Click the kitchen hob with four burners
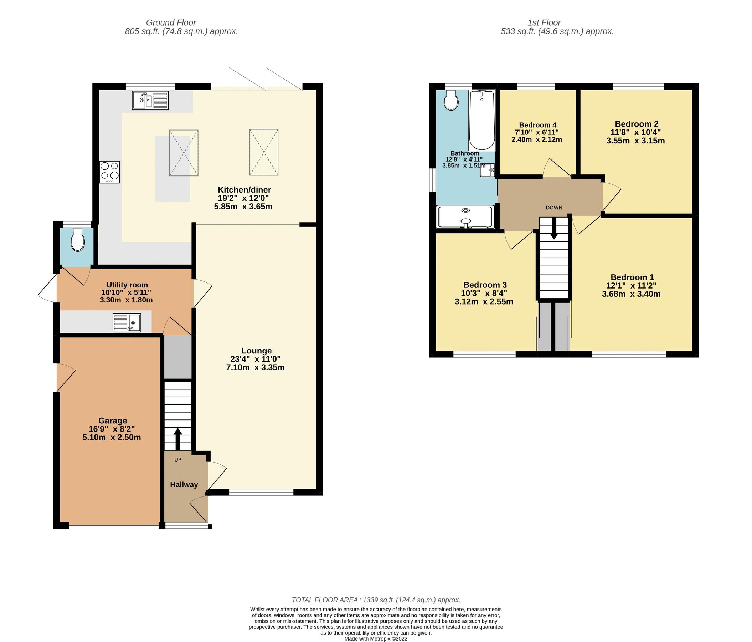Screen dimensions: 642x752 [109, 172]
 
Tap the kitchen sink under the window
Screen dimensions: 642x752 [150, 100]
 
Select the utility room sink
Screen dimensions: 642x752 [127, 322]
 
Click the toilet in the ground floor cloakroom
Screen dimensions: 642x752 [78, 240]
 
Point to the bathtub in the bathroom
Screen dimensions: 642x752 [481, 120]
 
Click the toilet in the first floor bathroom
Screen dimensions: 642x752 [451, 100]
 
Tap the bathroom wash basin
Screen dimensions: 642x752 [487, 170]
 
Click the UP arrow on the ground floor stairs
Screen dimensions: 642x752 [178, 439]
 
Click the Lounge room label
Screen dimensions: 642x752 [256, 351]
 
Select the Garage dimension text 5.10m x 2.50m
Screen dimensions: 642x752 [112, 437]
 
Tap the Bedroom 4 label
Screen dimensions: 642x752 [537, 125]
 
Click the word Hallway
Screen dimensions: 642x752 [184, 484]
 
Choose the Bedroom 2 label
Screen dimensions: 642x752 [636, 124]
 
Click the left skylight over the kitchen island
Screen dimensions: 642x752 [184, 153]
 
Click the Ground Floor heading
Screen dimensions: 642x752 [171, 22]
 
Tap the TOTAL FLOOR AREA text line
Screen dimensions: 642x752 [376, 600]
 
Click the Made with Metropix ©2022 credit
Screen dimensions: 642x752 [376, 638]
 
